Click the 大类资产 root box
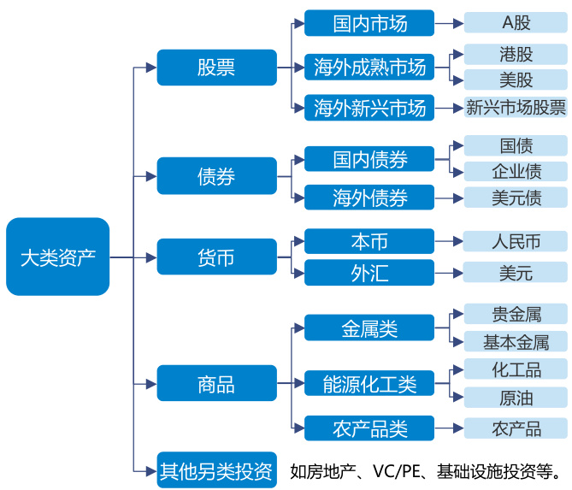[x=57, y=257]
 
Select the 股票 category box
[x=216, y=68]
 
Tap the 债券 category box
[x=216, y=176]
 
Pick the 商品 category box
[x=216, y=383]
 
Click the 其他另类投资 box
[x=216, y=469]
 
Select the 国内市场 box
[x=369, y=23]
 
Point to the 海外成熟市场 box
[x=369, y=67]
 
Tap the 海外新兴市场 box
[x=369, y=109]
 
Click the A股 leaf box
[x=516, y=23]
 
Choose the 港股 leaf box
[x=516, y=55]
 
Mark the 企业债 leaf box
[x=516, y=171]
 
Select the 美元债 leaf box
[x=516, y=198]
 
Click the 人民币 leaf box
[x=516, y=242]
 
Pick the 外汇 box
[x=369, y=274]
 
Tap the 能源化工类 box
[x=369, y=384]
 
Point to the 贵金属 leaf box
[x=516, y=314]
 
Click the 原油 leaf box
[x=516, y=398]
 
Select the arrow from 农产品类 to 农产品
[x=448, y=428]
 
